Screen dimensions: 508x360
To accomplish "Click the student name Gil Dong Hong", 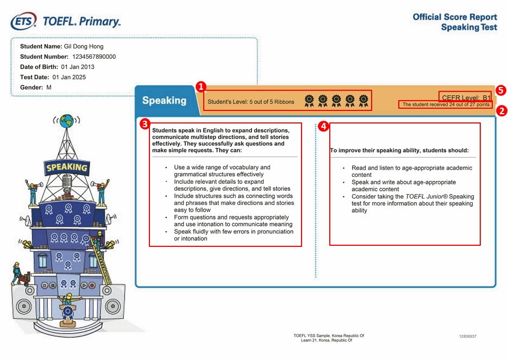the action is click(84, 46).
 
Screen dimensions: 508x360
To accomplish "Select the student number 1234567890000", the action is click(94, 57).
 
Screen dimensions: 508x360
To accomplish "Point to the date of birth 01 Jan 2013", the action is click(78, 67).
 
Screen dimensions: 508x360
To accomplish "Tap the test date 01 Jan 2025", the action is click(69, 77).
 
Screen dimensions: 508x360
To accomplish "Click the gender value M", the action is click(48, 88).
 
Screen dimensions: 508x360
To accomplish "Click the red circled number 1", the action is click(201, 87).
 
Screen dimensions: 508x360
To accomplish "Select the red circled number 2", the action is click(501, 111).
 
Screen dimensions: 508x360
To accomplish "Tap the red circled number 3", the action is click(145, 124).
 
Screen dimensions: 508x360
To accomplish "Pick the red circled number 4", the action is click(323, 126).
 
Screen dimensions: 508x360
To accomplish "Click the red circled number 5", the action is click(500, 90).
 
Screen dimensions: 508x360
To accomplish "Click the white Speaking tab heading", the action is click(164, 101).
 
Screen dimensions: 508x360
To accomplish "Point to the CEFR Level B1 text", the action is click(466, 98).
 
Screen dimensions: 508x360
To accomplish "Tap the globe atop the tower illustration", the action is click(67, 121).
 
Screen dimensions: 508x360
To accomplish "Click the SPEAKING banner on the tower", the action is click(67, 167).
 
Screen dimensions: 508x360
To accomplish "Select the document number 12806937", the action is click(468, 336).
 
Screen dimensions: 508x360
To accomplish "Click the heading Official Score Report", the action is click(455, 17).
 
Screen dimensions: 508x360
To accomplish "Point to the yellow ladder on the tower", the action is click(101, 259).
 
